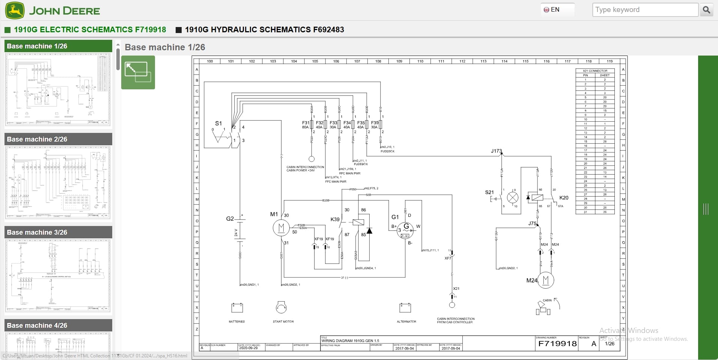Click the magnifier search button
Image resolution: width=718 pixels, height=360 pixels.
click(706, 10)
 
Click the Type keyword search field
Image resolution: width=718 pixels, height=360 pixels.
click(645, 10)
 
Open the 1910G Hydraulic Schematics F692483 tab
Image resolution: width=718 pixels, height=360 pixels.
click(264, 30)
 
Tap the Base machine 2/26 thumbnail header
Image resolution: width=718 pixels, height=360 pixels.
click(58, 139)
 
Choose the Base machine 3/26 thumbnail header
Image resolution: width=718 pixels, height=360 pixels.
click(58, 232)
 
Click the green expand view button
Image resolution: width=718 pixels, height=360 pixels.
click(138, 72)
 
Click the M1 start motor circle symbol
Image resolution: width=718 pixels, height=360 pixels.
click(281, 227)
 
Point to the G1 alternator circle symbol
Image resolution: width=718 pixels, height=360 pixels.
click(406, 229)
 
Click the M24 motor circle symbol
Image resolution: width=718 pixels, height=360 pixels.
click(546, 280)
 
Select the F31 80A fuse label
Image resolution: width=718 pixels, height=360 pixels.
click(306, 125)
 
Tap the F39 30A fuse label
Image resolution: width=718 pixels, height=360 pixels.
click(375, 125)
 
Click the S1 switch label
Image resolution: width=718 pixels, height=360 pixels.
click(218, 123)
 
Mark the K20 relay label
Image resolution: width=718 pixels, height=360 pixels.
click(564, 198)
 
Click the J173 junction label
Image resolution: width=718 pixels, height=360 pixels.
click(496, 151)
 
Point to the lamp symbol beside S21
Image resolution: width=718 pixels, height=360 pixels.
click(513, 197)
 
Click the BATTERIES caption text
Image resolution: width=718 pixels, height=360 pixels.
click(236, 322)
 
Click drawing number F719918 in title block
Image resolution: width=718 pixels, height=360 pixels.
click(557, 343)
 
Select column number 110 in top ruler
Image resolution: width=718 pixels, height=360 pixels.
click(420, 61)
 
